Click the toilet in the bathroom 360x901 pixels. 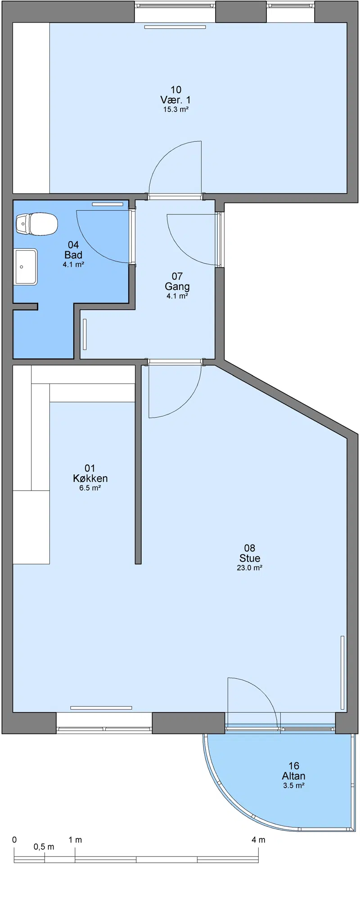coord(37,224)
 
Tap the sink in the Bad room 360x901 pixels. coord(26,267)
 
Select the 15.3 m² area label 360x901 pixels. coord(176,109)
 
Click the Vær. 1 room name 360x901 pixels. coord(175,99)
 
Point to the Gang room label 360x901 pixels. coord(177,286)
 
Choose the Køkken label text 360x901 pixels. coord(90,478)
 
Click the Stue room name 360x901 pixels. coord(250,558)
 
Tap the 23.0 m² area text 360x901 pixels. coord(250,568)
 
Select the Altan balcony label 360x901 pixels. coord(294,776)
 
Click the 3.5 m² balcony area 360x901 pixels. coord(294,785)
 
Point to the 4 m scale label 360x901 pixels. coord(259,840)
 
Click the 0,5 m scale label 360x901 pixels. coord(44,847)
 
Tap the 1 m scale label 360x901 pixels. coord(75,840)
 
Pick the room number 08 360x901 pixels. coord(250,548)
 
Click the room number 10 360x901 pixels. coord(176,90)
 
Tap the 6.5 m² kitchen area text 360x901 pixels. coord(90,488)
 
